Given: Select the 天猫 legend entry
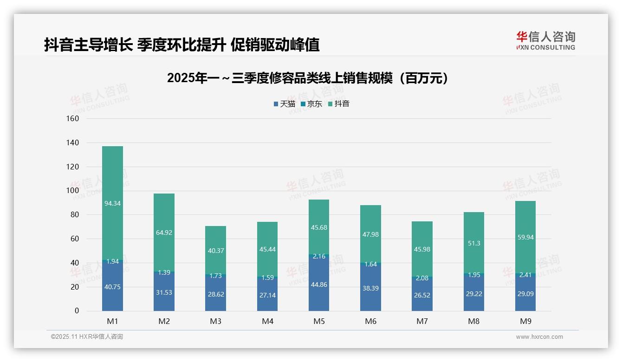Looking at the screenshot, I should point(284,104).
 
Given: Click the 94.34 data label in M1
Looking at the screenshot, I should point(112,203).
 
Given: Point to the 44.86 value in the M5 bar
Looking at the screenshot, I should point(319,284).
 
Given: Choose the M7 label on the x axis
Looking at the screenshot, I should point(422,321).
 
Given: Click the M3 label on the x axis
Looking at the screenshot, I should point(215,321).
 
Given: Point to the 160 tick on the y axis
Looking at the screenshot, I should point(73,118).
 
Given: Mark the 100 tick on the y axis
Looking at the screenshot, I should point(73,191).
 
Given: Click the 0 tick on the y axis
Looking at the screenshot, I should point(77,311).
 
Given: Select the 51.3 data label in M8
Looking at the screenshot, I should point(473,243).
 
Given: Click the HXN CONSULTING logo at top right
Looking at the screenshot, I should point(545,41).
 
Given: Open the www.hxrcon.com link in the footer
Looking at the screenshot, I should point(539,337).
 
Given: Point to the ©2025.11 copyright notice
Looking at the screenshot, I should point(87,337).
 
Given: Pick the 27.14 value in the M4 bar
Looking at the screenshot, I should point(267,295).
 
